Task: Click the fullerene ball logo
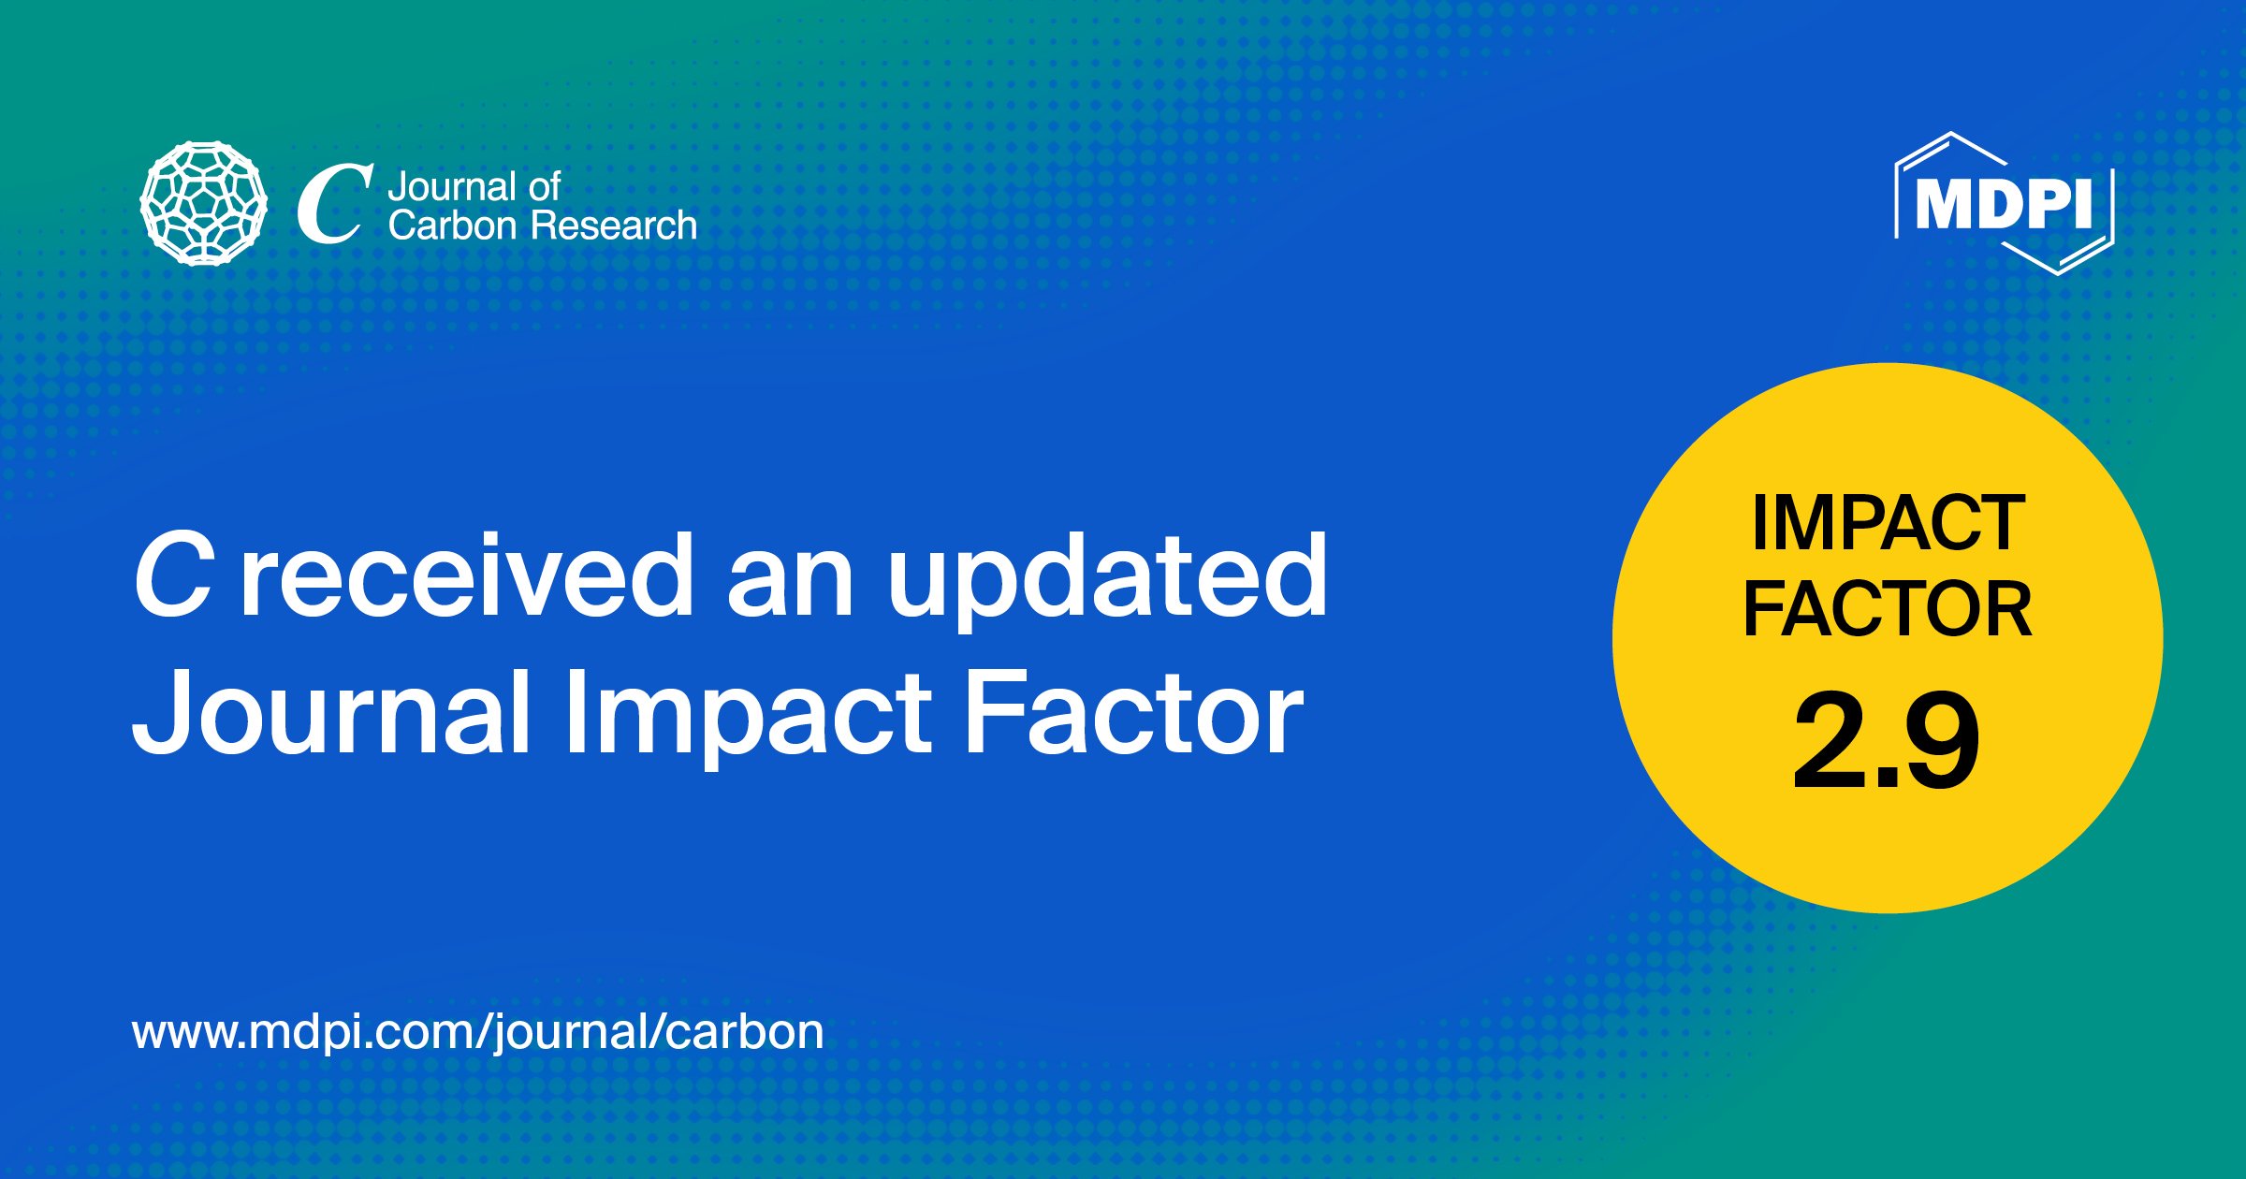(203, 203)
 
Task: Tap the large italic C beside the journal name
(335, 204)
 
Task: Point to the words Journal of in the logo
(474, 187)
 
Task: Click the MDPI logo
(2004, 203)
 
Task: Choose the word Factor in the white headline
(1133, 711)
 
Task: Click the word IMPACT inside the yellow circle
(1889, 524)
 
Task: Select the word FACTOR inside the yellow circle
(1888, 609)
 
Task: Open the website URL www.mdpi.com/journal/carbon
(478, 1033)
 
